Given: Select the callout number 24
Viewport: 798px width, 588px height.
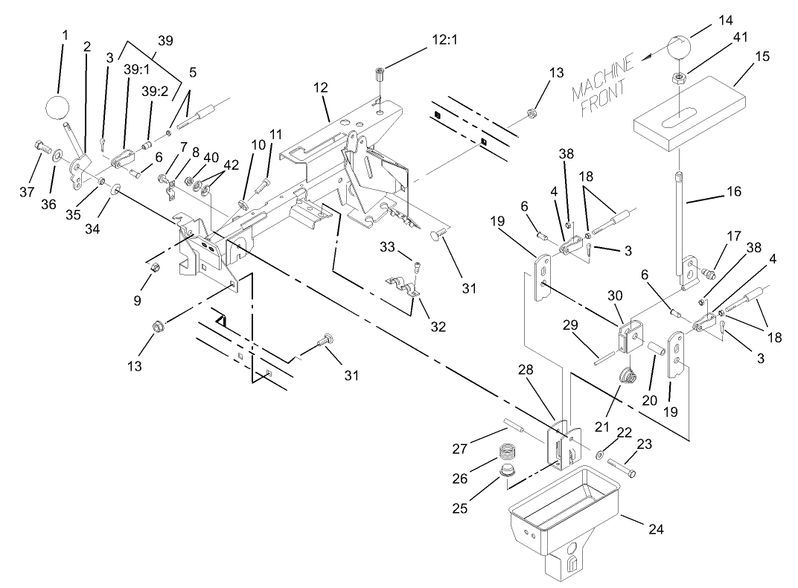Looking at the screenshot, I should click(x=654, y=529).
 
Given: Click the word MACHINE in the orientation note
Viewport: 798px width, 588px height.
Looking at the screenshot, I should click(x=603, y=78).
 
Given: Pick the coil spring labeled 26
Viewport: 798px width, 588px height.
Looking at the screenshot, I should click(x=506, y=452).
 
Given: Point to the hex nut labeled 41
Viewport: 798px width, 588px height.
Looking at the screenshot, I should click(x=679, y=76).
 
